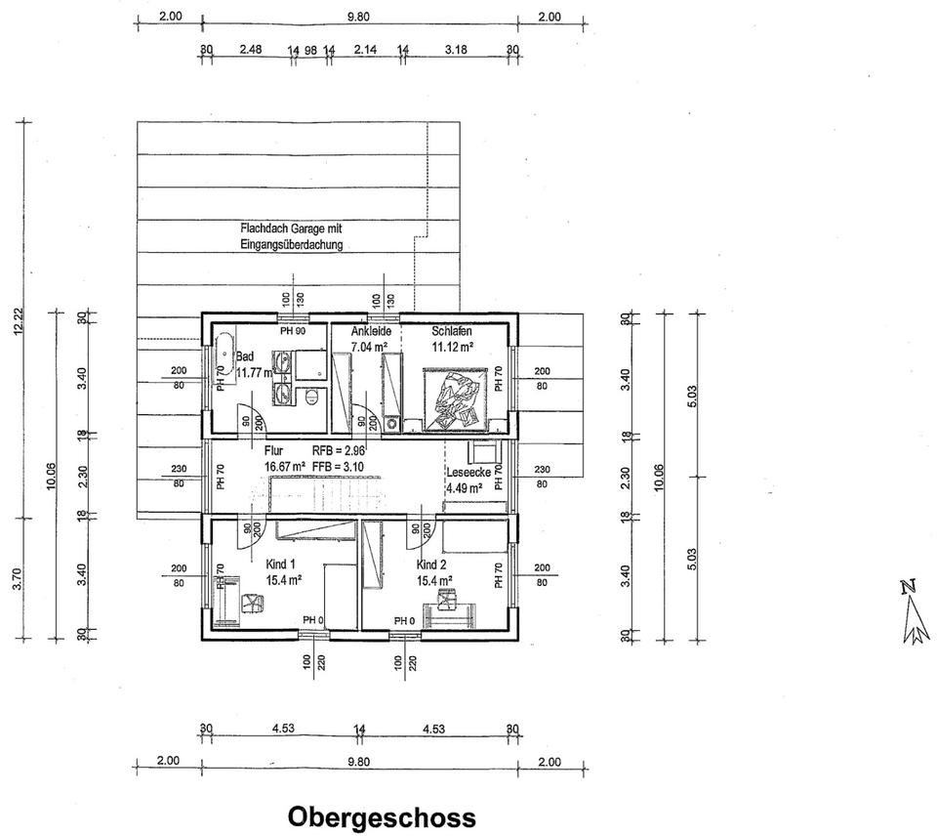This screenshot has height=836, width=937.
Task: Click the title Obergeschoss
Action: tap(382, 816)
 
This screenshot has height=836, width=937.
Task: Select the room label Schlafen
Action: tap(452, 332)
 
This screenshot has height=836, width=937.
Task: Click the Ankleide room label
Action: tap(371, 332)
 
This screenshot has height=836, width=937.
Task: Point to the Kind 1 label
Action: tap(280, 564)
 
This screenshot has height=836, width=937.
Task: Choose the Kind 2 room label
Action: tap(431, 565)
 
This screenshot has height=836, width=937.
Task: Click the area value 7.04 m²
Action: tap(371, 347)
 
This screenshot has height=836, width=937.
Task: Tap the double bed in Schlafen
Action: tap(454, 398)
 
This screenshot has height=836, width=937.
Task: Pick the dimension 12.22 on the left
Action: tap(19, 321)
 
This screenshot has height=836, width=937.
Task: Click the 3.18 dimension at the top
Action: tap(456, 48)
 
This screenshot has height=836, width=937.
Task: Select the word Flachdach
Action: tap(263, 229)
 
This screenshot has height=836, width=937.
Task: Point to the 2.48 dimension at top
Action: tap(251, 48)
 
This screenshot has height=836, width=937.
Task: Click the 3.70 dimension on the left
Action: tap(19, 592)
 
